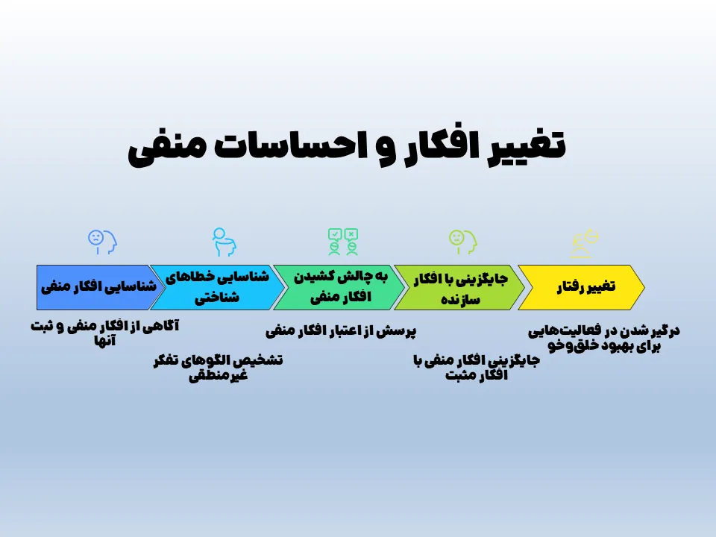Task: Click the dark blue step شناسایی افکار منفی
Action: pyautogui.click(x=97, y=287)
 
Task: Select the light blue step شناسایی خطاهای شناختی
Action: pyautogui.click(x=217, y=287)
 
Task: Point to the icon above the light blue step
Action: pyautogui.click(x=223, y=241)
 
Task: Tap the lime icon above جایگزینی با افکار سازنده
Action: pyautogui.click(x=462, y=240)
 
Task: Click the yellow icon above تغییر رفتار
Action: pyautogui.click(x=585, y=241)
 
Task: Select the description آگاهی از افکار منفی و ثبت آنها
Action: pyautogui.click(x=104, y=333)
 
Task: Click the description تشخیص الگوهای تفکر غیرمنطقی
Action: pyautogui.click(x=217, y=367)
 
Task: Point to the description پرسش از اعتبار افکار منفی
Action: pyautogui.click(x=341, y=330)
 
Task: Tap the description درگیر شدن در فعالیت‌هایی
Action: pyautogui.click(x=604, y=337)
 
